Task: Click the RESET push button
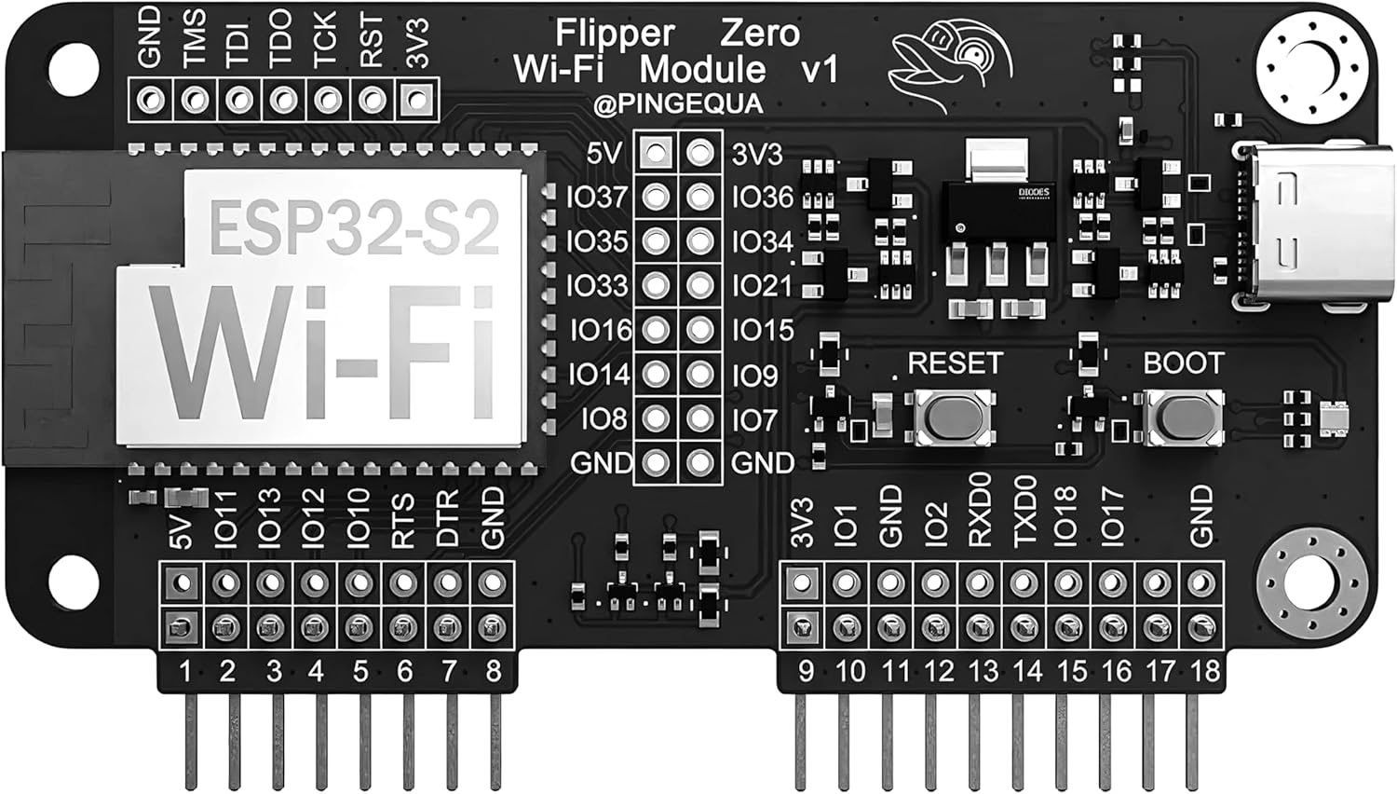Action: click(x=955, y=417)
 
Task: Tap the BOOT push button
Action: click(x=1183, y=417)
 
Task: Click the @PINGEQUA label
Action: click(x=678, y=103)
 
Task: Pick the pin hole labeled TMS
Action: click(x=195, y=99)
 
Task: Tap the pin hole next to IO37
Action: click(x=657, y=197)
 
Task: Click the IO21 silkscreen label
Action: click(x=762, y=286)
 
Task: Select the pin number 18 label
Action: click(x=1204, y=670)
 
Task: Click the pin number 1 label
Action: click(x=184, y=670)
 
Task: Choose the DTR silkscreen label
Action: click(x=448, y=518)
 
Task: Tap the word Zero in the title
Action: click(x=759, y=34)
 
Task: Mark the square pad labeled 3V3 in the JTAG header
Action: click(x=417, y=99)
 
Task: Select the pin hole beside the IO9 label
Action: click(x=700, y=374)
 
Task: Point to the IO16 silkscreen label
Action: click(x=601, y=330)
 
